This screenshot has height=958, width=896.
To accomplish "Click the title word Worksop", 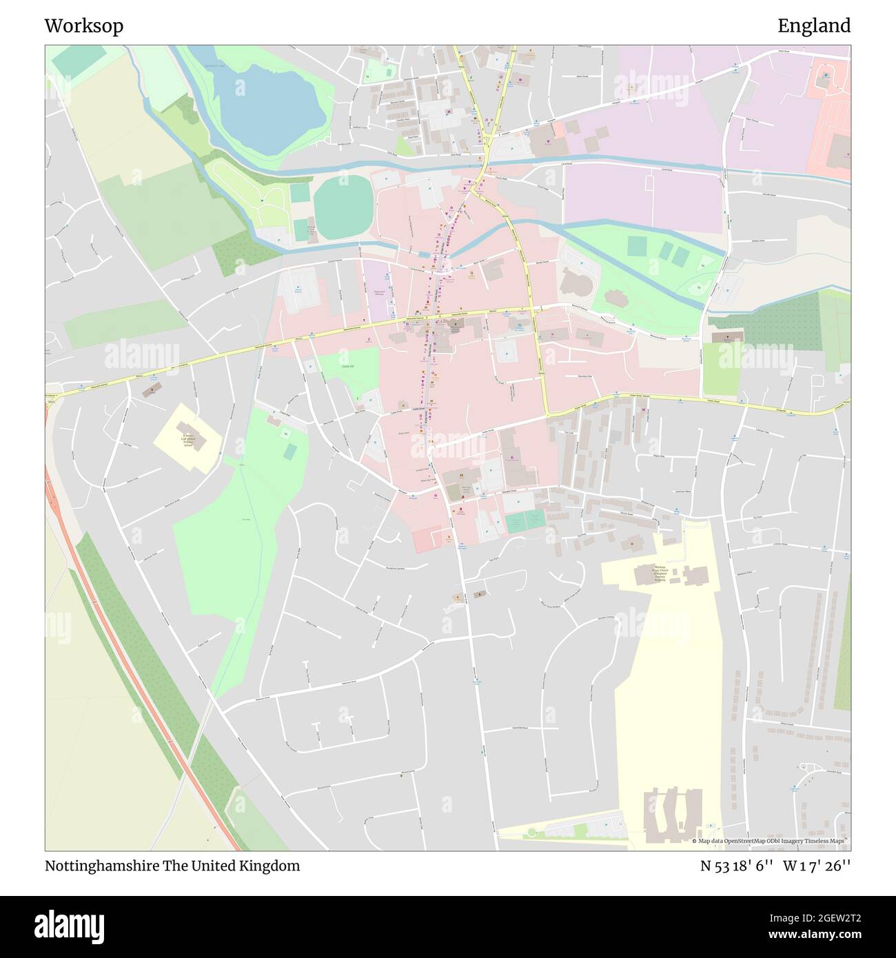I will click(x=84, y=26).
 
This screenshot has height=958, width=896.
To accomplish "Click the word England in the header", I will click(x=814, y=26).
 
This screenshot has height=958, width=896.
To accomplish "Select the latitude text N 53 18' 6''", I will click(x=737, y=866).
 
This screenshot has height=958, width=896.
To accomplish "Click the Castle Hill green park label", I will click(x=347, y=367).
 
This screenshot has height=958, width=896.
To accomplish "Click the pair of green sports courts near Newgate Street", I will click(x=525, y=521).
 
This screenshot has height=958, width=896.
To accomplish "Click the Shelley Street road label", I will click(x=777, y=241).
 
